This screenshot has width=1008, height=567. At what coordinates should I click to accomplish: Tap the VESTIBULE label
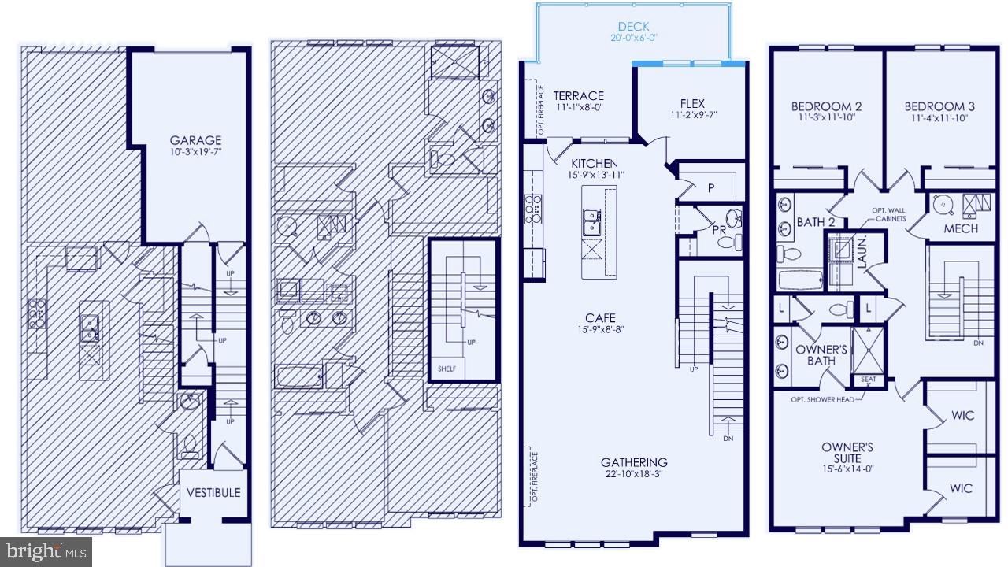pyautogui.click(x=213, y=493)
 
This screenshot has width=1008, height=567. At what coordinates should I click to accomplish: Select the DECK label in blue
pyautogui.click(x=633, y=27)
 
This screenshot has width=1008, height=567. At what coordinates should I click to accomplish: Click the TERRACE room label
pyautogui.click(x=578, y=96)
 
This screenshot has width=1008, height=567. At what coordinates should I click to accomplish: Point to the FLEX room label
pyautogui.click(x=692, y=104)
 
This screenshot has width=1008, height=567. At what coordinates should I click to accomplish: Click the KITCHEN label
pyautogui.click(x=595, y=163)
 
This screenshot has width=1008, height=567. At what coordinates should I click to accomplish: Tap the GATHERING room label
pyautogui.click(x=634, y=462)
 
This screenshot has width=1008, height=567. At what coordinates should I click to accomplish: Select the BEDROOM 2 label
pyautogui.click(x=825, y=106)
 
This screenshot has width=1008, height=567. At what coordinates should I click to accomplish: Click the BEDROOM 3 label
pyautogui.click(x=939, y=106)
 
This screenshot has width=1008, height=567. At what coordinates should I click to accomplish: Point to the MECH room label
pyautogui.click(x=961, y=228)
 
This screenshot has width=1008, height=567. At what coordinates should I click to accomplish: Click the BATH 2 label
pyautogui.click(x=814, y=222)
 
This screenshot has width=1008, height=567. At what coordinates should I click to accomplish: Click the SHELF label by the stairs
pyautogui.click(x=447, y=369)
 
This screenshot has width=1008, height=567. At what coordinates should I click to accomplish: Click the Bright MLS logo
pyautogui.click(x=46, y=551)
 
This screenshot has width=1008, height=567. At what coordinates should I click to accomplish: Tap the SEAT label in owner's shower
pyautogui.click(x=868, y=380)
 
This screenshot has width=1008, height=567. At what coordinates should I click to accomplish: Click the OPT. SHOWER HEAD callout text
pyautogui.click(x=822, y=399)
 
